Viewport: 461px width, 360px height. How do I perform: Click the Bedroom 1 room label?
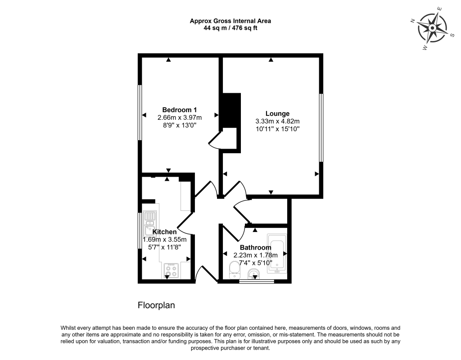coord(179,109)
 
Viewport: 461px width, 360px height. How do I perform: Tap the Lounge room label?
coord(277,114)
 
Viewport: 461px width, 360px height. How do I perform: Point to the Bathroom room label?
coord(255,247)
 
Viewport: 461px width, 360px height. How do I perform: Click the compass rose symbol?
coord(432,28)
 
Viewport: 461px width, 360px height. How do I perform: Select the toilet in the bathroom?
coord(234,270)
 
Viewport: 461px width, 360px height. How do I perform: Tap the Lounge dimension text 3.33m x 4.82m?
coord(277,121)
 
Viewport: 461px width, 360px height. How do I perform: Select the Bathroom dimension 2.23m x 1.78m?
coord(255,255)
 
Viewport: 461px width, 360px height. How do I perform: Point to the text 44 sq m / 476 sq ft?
coord(230,28)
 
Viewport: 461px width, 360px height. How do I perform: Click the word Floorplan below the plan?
coord(156,305)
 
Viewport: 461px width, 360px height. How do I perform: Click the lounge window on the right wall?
coord(321,128)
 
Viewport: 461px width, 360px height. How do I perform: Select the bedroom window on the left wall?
coord(140,113)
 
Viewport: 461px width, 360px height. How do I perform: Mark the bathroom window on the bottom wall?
coord(256,281)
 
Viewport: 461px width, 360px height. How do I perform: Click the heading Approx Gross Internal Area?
coord(230,21)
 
